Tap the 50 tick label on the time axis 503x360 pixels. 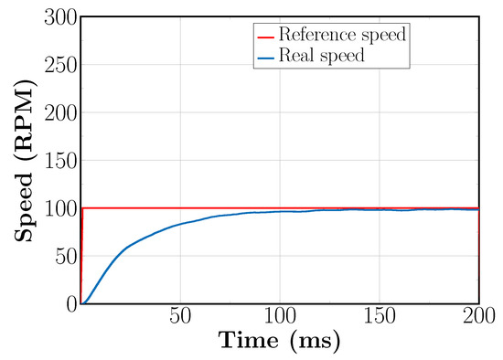click(180, 317)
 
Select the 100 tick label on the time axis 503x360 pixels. click(280, 317)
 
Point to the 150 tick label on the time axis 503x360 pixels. click(380, 317)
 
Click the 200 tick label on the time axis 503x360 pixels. click(477, 317)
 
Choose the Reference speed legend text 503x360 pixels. click(342, 36)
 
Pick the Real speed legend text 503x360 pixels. click(323, 54)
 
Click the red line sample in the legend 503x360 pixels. click(266, 36)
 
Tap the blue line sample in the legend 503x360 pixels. click(266, 54)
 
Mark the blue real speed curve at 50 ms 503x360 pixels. click(180, 224)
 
